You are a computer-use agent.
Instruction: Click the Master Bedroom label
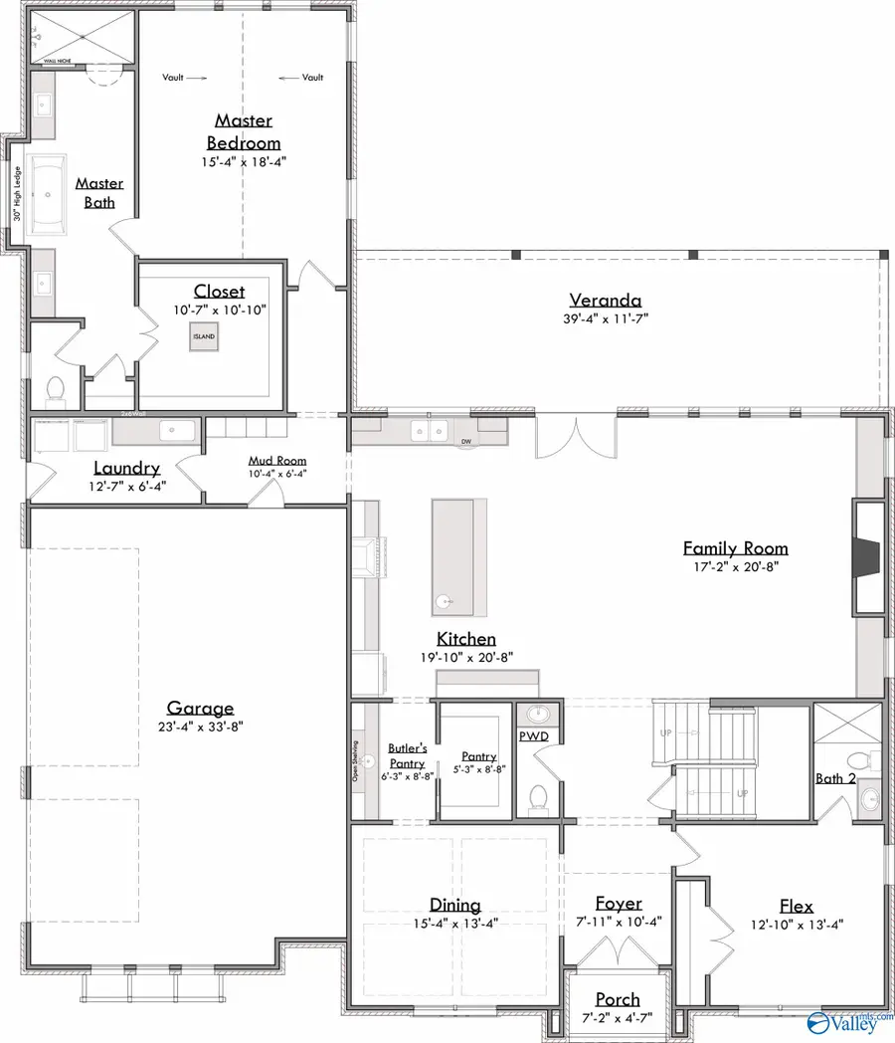coord(244,131)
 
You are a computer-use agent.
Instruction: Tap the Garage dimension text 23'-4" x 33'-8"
coord(200,727)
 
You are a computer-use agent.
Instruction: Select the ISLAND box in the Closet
coord(204,337)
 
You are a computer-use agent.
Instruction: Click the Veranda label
coord(605,300)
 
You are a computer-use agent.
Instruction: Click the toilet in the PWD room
coord(538,797)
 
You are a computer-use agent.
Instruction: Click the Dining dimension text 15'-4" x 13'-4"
coord(455,923)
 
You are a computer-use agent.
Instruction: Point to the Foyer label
coord(619,904)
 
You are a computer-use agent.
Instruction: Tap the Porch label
coord(618,999)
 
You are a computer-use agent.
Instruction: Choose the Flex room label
coord(796,906)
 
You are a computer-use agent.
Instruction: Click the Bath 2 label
coord(834,778)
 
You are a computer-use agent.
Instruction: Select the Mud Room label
coord(277,461)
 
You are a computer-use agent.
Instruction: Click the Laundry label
coord(126,468)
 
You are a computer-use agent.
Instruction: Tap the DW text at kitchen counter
coord(465,441)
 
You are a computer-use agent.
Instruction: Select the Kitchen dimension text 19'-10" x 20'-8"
coord(465,658)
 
